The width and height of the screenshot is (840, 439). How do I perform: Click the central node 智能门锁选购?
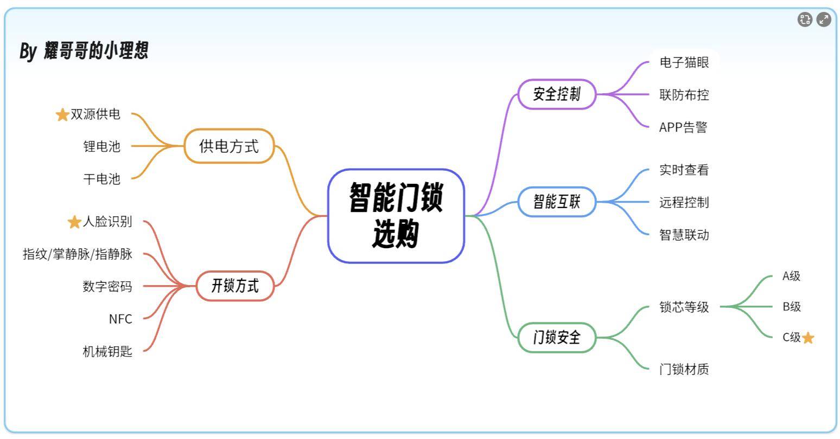[396, 216]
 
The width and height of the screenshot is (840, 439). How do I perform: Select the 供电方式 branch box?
[229, 146]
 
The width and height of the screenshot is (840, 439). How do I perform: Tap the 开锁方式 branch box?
[234, 286]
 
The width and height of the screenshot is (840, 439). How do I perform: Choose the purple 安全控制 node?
[557, 94]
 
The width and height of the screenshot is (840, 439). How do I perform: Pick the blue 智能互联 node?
[557, 202]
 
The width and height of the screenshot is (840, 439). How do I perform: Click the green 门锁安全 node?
[557, 338]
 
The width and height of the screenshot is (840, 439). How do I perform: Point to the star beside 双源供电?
[62, 115]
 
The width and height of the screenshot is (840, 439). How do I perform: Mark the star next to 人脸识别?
[74, 222]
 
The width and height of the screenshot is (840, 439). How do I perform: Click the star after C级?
[808, 338]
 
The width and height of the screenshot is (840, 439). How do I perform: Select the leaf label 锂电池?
[101, 146]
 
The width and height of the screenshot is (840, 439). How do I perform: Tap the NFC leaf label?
[120, 319]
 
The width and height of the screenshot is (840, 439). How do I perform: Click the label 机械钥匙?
[107, 351]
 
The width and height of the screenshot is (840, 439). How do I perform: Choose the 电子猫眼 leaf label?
[684, 62]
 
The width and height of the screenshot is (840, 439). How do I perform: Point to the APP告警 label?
[683, 127]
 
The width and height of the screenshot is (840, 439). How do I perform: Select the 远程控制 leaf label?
[684, 203]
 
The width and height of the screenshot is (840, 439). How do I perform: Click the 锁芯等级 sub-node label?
[684, 307]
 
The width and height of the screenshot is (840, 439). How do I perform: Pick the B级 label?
[792, 307]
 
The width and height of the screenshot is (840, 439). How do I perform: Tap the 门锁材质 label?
[684, 370]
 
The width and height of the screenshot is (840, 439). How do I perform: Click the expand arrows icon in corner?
[824, 20]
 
